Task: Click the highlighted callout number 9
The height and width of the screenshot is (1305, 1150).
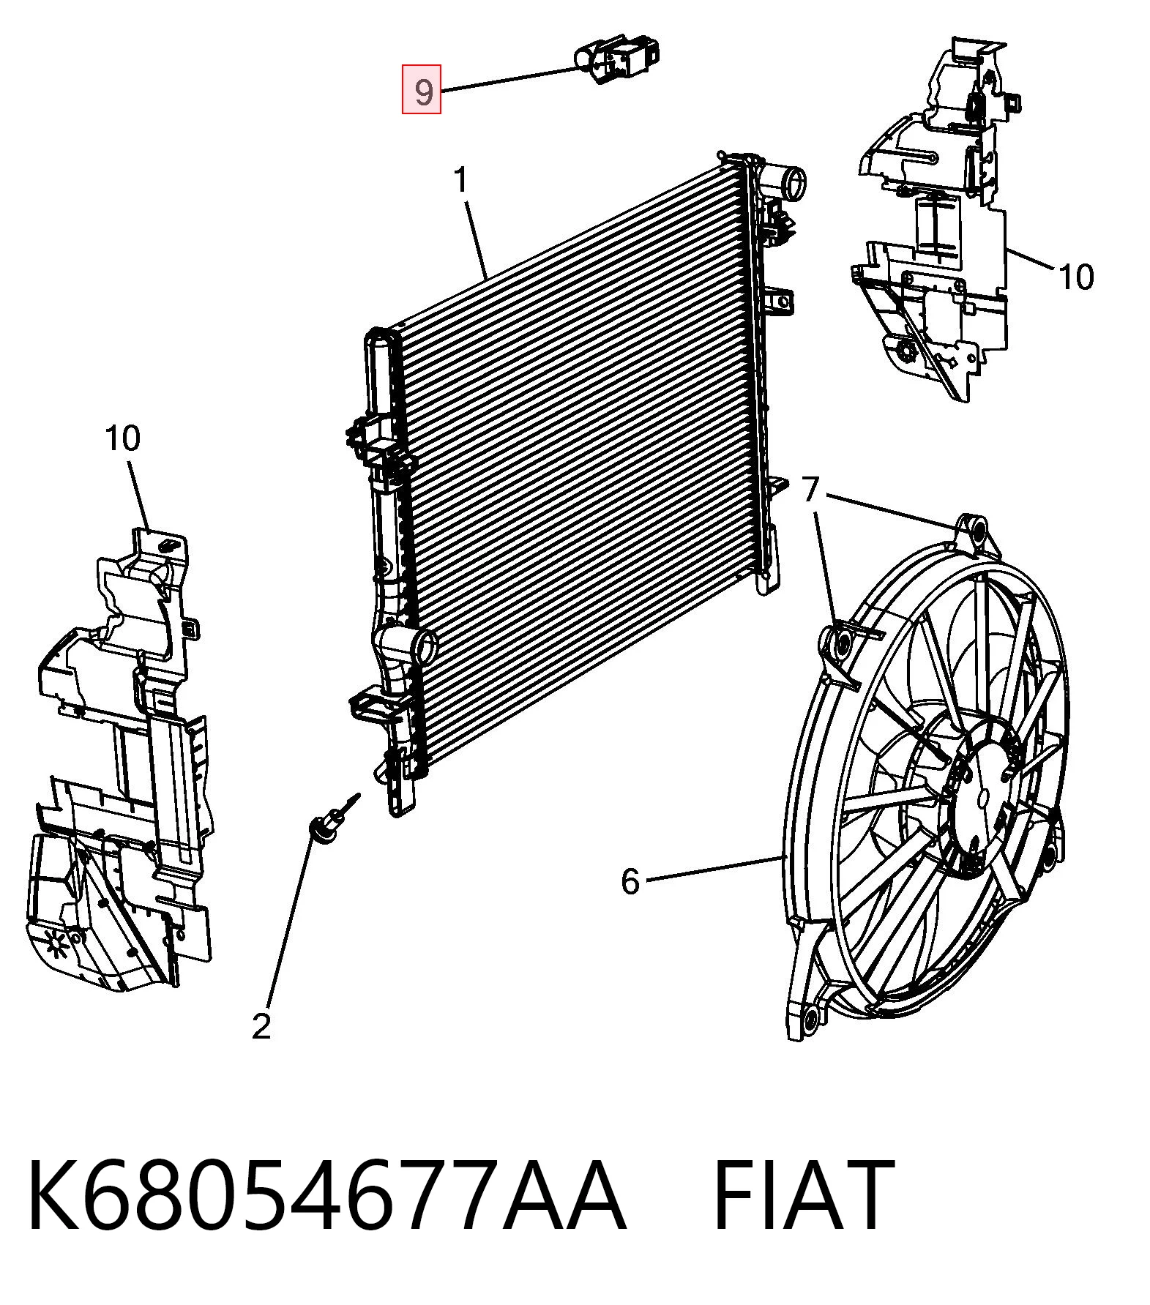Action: click(x=422, y=89)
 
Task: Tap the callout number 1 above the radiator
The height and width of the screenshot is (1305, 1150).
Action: click(x=460, y=180)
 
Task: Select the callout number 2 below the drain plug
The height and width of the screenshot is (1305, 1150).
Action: click(x=261, y=1026)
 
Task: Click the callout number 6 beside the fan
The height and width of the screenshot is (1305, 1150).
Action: click(x=630, y=881)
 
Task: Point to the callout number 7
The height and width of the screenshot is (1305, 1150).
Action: click(x=810, y=489)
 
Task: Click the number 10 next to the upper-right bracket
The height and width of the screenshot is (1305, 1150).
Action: click(x=1076, y=277)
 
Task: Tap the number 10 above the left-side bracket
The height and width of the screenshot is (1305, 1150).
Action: click(x=122, y=438)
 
